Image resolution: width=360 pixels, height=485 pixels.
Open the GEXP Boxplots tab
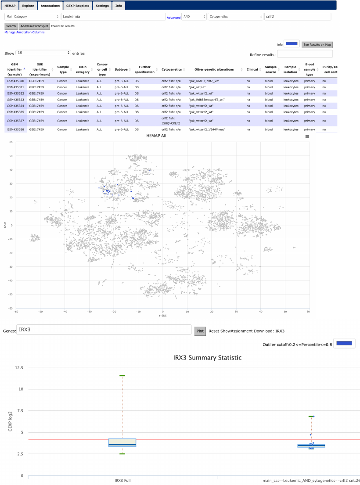point(77,6)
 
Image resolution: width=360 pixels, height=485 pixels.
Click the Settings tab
point(102,6)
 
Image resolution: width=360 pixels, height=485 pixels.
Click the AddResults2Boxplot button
point(34,26)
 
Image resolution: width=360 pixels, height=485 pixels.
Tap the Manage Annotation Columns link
point(25,32)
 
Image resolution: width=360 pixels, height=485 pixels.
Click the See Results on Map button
point(317,44)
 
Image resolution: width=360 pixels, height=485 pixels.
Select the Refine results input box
point(305,54)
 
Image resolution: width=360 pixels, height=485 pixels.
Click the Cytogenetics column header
point(169,69)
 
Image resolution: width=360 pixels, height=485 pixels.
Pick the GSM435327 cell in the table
point(15,120)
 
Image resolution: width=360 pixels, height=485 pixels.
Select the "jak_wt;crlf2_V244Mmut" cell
point(210,130)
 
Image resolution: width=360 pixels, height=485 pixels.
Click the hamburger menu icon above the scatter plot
point(307,137)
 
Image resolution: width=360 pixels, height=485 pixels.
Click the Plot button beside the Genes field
point(200,331)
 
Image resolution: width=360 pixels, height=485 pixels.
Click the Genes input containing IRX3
point(104,331)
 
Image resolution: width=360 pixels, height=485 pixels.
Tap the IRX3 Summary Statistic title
point(208,358)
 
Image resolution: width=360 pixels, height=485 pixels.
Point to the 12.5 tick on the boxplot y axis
point(18,367)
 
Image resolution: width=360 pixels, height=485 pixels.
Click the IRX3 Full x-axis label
point(122,481)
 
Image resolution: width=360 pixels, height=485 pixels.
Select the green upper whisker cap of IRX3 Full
point(122,376)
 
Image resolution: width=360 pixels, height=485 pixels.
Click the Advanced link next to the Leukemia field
point(173,18)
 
